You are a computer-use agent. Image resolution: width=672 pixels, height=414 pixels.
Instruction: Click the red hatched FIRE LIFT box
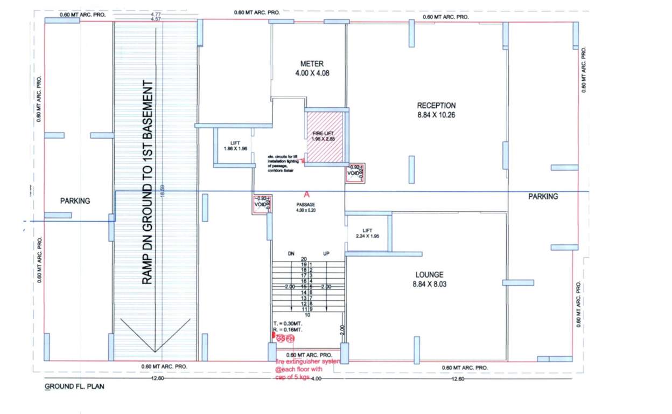pos(325,136)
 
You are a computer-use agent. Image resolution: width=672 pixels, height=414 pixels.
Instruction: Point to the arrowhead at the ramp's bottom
pos(155,349)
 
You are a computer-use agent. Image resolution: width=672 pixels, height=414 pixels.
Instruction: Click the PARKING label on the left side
pos(75,201)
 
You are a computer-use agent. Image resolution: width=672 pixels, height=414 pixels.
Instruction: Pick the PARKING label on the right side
pos(543,197)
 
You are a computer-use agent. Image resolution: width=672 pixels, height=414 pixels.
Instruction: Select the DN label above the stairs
pos(291,253)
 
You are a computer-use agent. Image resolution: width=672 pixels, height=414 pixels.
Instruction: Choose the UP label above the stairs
pos(326,253)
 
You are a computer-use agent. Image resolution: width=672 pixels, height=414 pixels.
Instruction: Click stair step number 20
pos(304,259)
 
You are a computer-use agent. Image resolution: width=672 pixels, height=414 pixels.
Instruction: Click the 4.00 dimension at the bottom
pos(316,379)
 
